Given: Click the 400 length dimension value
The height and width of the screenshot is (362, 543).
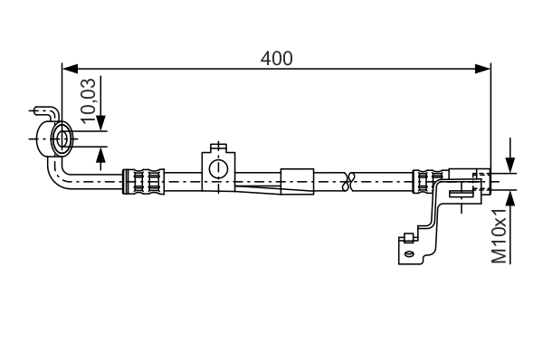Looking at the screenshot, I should tap(276, 59).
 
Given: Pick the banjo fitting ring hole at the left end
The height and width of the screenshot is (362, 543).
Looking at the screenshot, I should tap(64, 139).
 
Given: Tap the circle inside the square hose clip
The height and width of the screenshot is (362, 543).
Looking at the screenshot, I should tap(217, 168).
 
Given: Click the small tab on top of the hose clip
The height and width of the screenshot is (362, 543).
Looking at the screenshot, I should tap(217, 147).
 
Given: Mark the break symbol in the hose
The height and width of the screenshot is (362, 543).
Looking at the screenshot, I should tap(349, 181).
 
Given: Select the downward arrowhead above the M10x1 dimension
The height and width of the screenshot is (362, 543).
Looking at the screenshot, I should tap(510, 165).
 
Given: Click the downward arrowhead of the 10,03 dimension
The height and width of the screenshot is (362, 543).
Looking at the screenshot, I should tap(100, 125).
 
